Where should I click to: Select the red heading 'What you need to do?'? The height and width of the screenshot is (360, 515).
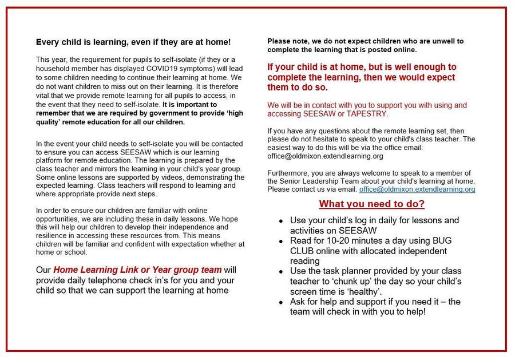pos(371,204)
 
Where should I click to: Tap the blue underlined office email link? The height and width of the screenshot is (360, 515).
pos(417,189)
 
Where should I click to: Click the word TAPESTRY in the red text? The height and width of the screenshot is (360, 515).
pos(369,114)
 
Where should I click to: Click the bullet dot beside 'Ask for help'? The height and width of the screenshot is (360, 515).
pos(280,302)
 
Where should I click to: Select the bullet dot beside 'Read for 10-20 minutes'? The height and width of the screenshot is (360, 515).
pos(280,242)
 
